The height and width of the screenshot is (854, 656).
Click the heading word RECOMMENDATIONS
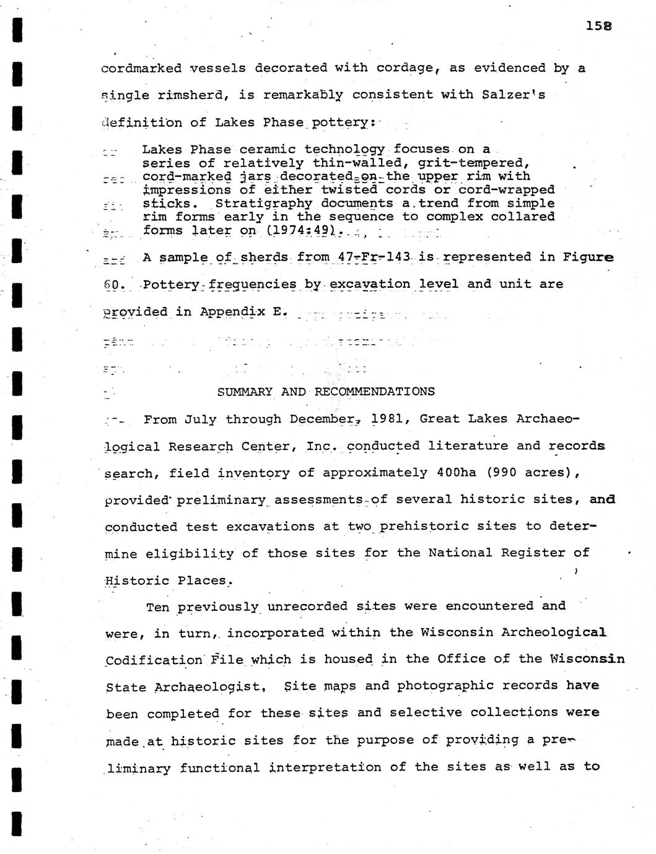(x=375, y=392)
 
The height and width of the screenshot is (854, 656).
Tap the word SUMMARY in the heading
(x=245, y=392)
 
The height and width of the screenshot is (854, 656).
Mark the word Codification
(x=154, y=660)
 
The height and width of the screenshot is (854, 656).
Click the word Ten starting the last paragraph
(x=157, y=607)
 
